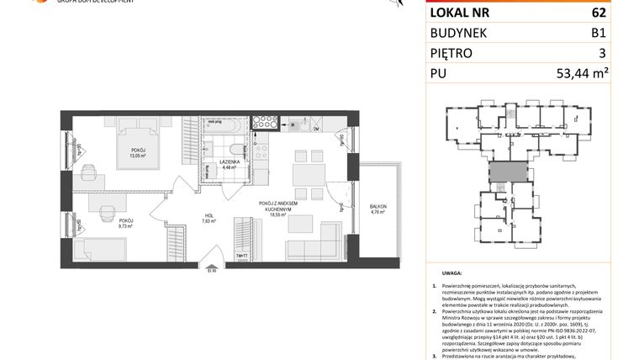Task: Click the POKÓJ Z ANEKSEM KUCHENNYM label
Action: [282, 206]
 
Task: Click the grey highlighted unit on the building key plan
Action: [502, 172]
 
